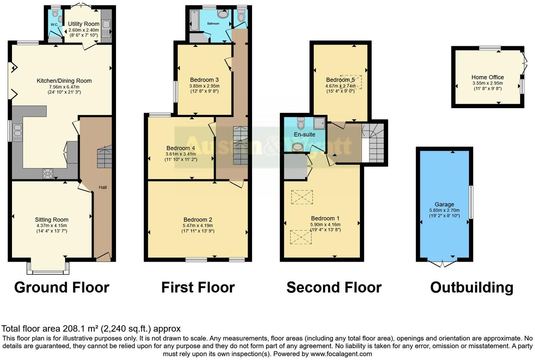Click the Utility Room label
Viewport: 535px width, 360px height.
(84, 24)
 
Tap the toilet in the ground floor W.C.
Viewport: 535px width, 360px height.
(55, 13)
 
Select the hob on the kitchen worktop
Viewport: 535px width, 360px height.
(48, 173)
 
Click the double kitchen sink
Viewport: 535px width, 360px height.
(17, 132)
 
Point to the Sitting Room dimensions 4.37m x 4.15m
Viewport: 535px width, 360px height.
(51, 226)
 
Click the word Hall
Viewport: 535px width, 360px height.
(103, 187)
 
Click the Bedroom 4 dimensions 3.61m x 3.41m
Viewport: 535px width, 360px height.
(181, 154)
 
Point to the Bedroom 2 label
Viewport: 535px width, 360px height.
(197, 220)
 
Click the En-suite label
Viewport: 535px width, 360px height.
(304, 134)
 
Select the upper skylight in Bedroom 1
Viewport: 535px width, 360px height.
(302, 197)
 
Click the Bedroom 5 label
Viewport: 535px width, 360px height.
(340, 80)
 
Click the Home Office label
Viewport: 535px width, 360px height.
(487, 77)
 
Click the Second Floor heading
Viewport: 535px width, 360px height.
(334, 288)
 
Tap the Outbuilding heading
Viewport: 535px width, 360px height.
(471, 288)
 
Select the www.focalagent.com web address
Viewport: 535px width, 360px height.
(341, 354)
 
